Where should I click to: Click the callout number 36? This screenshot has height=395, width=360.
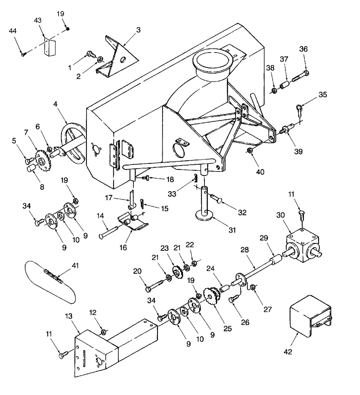[303, 49]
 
